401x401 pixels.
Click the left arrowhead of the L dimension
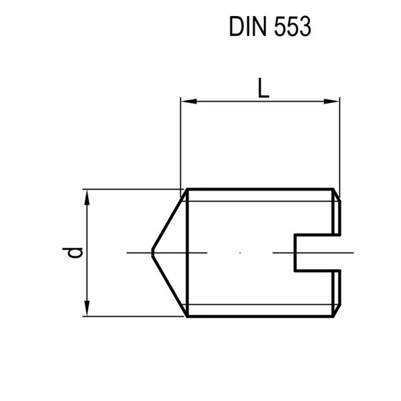click(x=186, y=102)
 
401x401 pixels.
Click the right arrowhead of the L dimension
click(x=334, y=102)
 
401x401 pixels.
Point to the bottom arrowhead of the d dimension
click(x=87, y=311)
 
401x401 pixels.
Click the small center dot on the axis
click(x=241, y=253)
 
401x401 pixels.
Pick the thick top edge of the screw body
click(x=261, y=189)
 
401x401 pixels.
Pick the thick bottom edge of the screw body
click(x=261, y=316)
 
